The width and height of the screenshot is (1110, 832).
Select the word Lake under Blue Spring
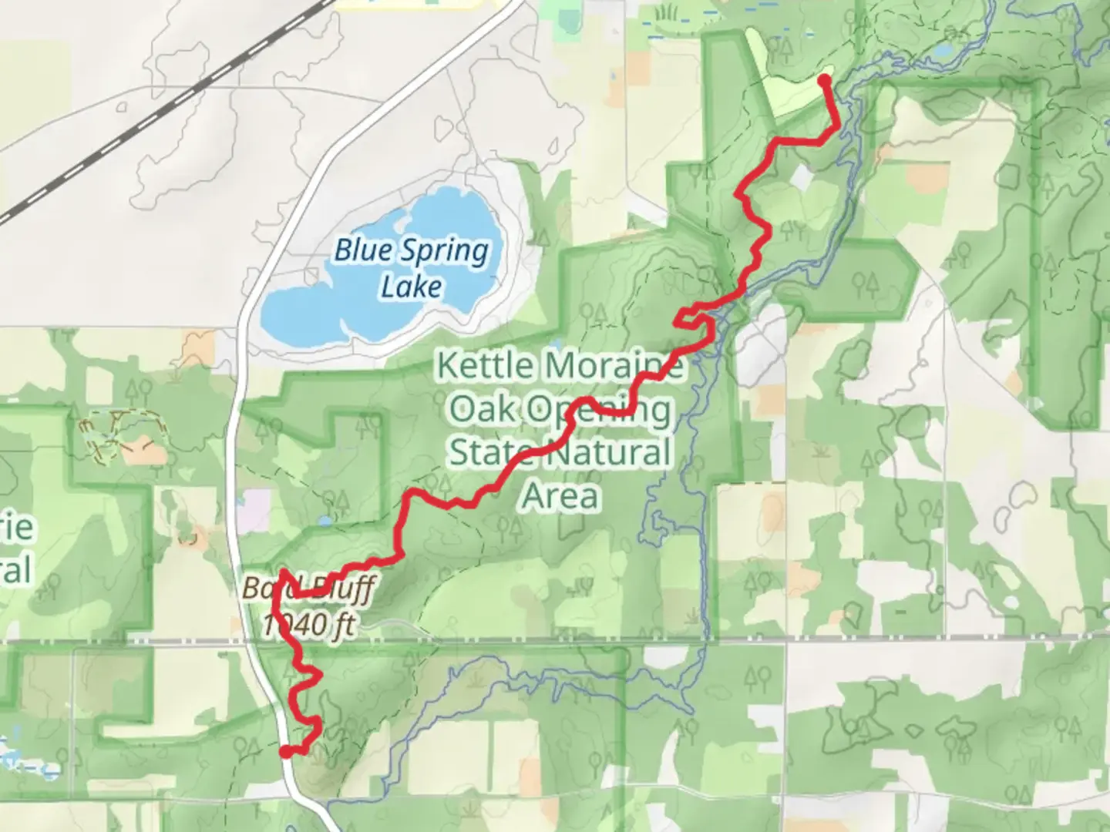coord(412,287)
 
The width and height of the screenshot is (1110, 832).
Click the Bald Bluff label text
coord(307,589)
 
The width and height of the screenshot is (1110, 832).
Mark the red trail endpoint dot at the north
coord(823,80)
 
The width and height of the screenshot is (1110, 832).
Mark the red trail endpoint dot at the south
coord(285,752)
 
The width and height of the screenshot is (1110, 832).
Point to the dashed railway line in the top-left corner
coord(154,116)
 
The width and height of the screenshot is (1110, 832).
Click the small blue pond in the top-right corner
coord(942,51)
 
